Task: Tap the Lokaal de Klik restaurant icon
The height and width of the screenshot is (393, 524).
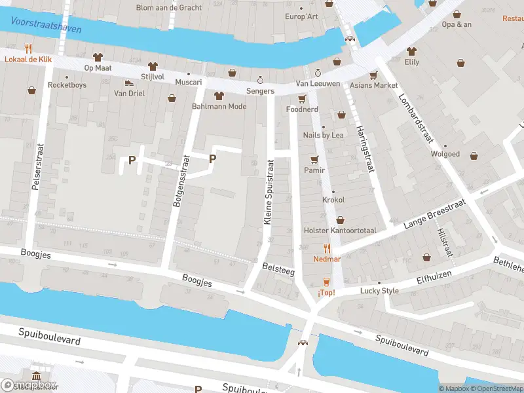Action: (28, 48)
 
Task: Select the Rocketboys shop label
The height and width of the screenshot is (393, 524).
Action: (67, 85)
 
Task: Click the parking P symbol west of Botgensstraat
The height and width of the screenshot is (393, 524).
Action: (132, 160)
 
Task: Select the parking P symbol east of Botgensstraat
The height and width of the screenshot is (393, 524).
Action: (212, 159)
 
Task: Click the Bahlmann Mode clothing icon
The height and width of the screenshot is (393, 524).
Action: (219, 96)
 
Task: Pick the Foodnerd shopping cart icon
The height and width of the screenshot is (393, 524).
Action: (302, 99)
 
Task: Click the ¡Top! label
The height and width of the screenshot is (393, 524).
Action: (326, 292)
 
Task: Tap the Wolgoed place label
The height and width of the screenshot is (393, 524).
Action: (445, 155)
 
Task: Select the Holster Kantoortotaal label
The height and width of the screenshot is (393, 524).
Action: (340, 231)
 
